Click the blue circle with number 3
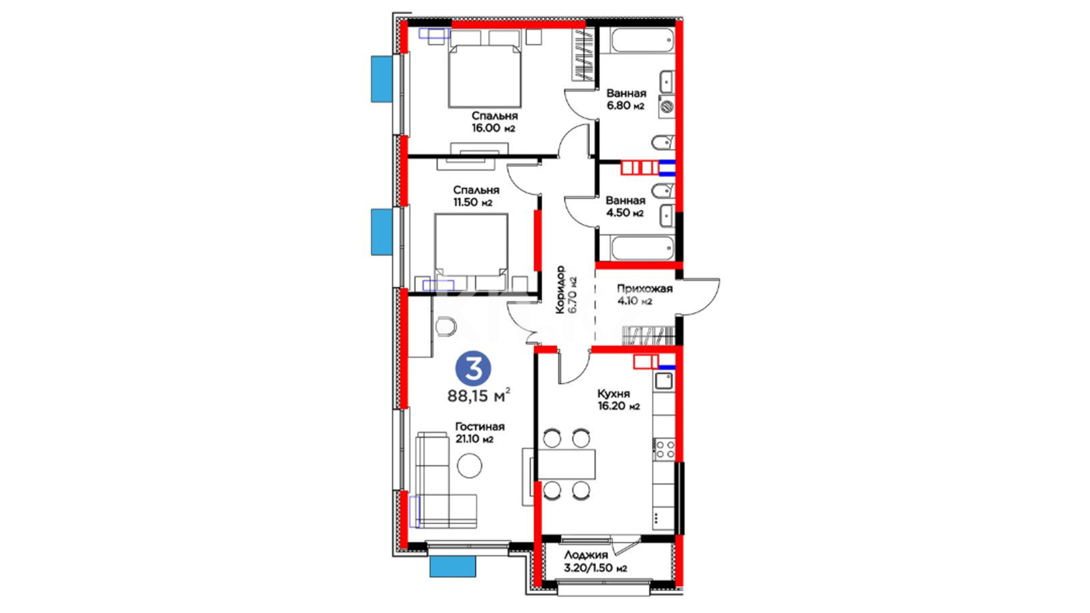(x=473, y=369)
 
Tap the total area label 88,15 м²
(x=479, y=395)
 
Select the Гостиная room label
(x=480, y=426)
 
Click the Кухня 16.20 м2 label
(x=618, y=400)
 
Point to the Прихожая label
(x=644, y=288)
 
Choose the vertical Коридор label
(x=561, y=289)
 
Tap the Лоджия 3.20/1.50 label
(x=595, y=561)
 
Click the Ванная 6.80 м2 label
(x=626, y=99)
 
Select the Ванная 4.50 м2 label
(x=625, y=207)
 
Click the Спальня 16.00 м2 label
(x=494, y=121)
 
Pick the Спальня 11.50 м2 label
(x=476, y=196)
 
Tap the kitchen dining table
(x=566, y=464)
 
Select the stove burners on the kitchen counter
(x=664, y=448)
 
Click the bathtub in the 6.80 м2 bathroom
(x=642, y=40)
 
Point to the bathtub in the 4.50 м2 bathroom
(x=642, y=248)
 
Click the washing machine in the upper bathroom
(x=666, y=106)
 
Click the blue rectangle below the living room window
(x=452, y=566)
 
